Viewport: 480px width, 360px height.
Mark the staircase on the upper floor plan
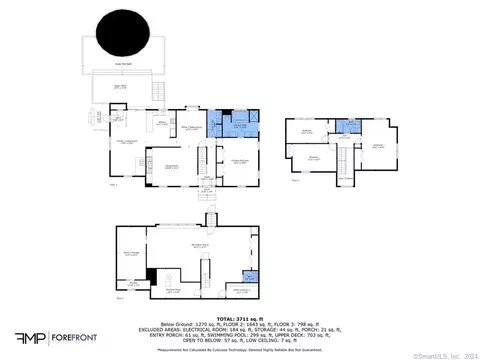point(343,160)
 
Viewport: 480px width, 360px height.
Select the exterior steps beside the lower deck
point(157,92)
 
